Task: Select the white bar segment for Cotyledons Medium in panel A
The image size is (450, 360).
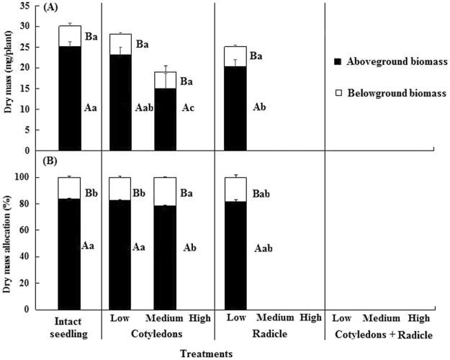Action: tap(165, 80)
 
